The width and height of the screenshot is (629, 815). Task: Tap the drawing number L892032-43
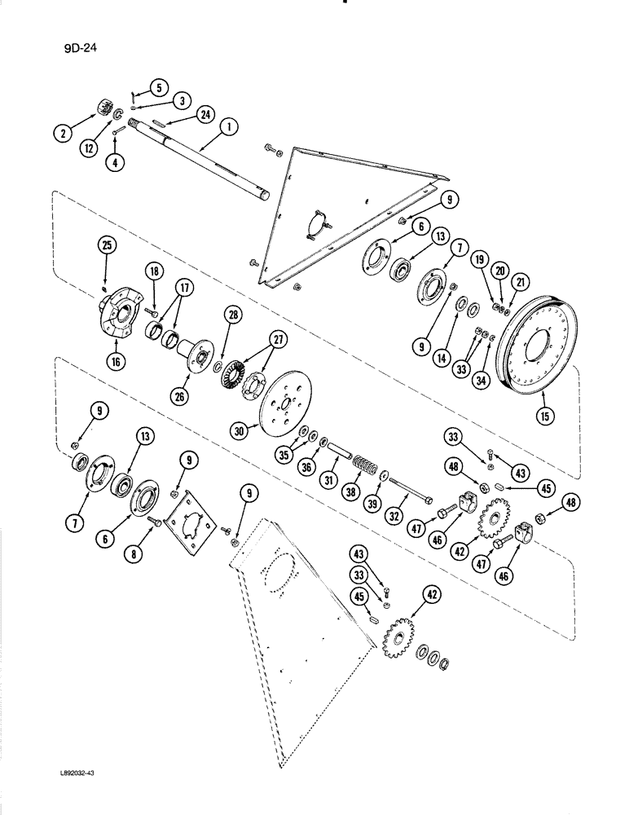tap(72, 782)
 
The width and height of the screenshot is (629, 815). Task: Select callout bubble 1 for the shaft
tap(228, 127)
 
